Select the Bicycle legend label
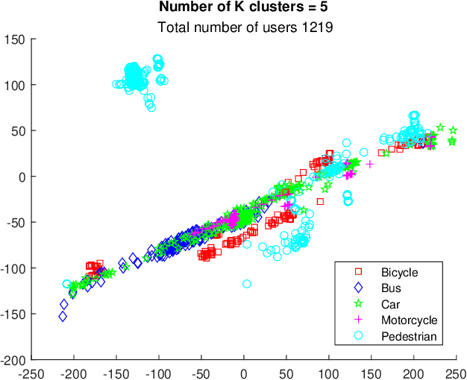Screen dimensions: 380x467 pyautogui.click(x=399, y=272)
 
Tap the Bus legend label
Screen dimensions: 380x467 pyautogui.click(x=391, y=288)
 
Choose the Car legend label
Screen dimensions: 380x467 pyautogui.click(x=390, y=304)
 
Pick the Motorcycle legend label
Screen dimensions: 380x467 pyautogui.click(x=409, y=320)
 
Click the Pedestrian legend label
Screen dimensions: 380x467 pyautogui.click(x=408, y=337)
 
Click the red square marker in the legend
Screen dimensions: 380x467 pyautogui.click(x=358, y=272)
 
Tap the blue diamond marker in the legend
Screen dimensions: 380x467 pyautogui.click(x=358, y=288)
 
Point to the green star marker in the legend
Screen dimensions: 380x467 pyautogui.click(x=358, y=304)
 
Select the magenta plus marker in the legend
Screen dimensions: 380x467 pyautogui.click(x=358, y=320)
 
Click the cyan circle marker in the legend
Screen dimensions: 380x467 pyautogui.click(x=358, y=337)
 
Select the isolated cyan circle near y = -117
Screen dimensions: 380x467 pyautogui.click(x=247, y=284)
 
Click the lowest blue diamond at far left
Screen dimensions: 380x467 pyautogui.click(x=63, y=317)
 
